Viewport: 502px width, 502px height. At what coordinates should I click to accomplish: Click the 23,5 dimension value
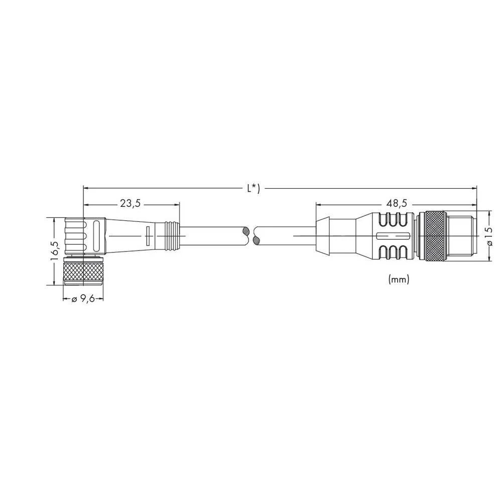pos(130,204)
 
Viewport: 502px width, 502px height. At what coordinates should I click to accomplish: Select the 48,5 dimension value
pos(396,204)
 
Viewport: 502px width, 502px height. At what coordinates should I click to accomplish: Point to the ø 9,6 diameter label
pos(83,299)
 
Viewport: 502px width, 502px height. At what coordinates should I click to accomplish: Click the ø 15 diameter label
pos(489,235)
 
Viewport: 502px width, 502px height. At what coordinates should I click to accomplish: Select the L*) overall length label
pos(253,189)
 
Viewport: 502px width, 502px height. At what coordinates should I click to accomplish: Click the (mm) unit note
pos(399,280)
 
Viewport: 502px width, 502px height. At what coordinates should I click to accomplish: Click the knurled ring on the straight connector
pos(433,235)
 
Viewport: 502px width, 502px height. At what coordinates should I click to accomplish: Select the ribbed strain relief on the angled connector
pos(172,235)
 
